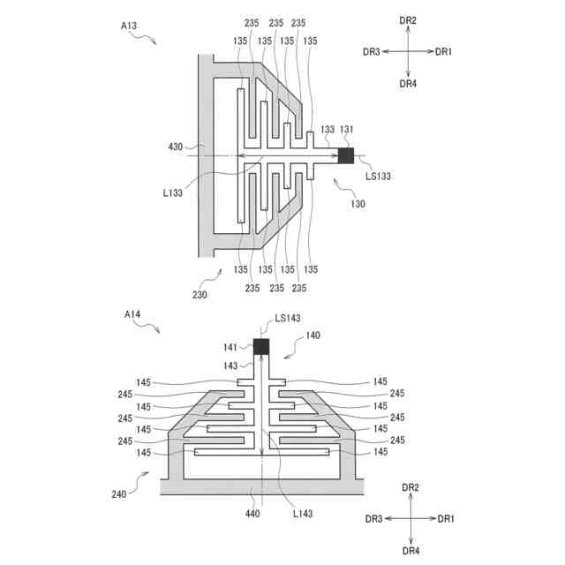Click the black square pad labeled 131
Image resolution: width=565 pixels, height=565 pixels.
coord(346,155)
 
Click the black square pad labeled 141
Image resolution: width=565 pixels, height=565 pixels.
coord(261,347)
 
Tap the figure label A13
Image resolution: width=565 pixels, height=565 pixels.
coord(129,26)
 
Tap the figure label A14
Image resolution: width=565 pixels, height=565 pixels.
coord(132,314)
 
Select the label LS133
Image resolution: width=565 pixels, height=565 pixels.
coord(379,177)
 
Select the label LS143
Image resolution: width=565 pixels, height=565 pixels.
coord(288,318)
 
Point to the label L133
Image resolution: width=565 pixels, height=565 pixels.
coord(173,193)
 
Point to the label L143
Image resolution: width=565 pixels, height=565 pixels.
coord(303,514)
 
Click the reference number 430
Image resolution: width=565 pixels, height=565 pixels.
coord(176,147)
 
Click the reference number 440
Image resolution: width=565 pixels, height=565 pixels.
coord(252,514)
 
